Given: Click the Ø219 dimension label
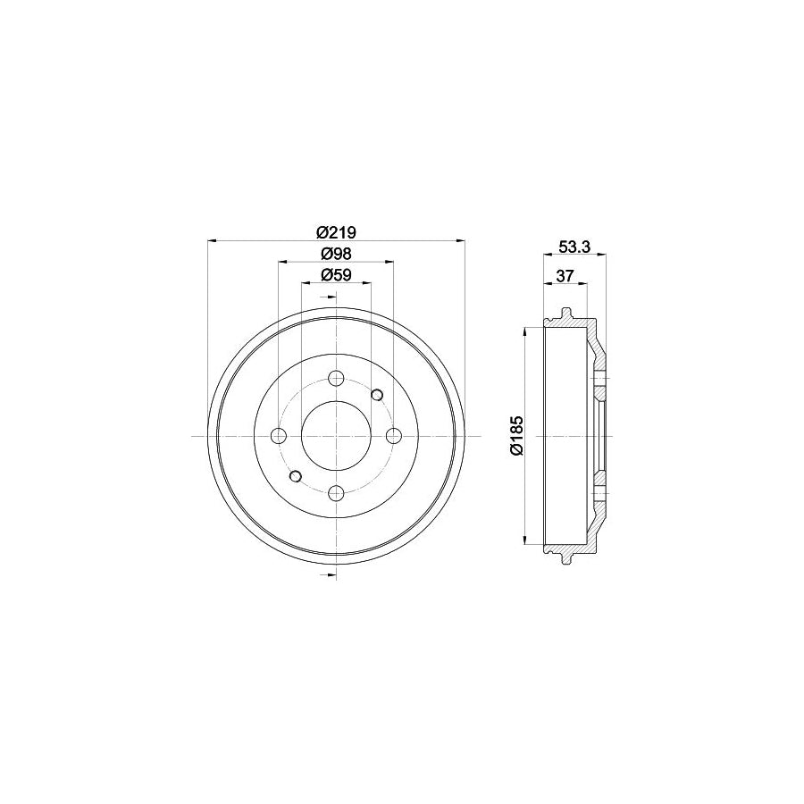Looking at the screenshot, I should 336,231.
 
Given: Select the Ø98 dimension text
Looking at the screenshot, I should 336,253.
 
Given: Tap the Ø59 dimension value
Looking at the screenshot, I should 336,274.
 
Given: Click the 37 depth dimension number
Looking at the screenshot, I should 564,275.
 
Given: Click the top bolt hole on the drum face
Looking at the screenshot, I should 336,379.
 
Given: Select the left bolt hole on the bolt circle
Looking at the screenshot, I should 279,435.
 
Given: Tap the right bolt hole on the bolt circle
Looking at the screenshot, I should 393,435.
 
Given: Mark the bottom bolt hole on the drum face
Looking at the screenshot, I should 336,492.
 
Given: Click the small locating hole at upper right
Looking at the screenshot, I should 376,395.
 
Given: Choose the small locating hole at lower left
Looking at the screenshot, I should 296,475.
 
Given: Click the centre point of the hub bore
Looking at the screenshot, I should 336,435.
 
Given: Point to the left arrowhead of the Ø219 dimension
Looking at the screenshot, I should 212,239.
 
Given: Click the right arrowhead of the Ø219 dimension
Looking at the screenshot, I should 461,239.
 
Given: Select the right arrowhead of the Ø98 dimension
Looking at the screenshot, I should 389,261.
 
